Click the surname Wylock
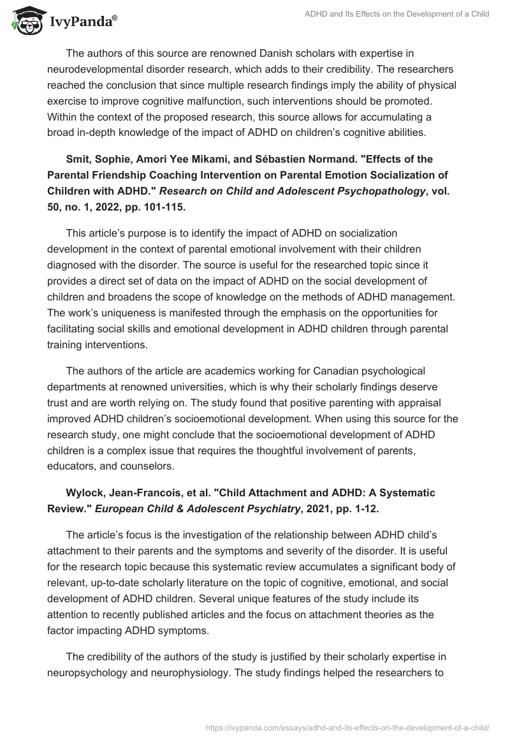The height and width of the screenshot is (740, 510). click(85, 492)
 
